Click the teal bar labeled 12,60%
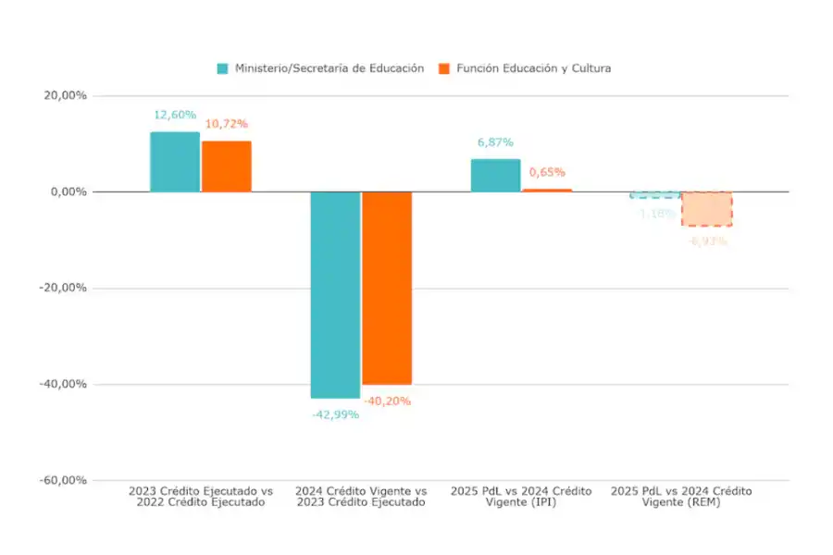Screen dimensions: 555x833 [x=175, y=162]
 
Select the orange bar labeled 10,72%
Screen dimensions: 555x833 [x=227, y=166]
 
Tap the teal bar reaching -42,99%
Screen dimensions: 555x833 [x=335, y=294]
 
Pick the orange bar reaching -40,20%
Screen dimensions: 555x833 [x=387, y=288]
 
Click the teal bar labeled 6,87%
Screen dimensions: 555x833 [x=495, y=176]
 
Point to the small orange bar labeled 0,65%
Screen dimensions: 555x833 [x=547, y=190]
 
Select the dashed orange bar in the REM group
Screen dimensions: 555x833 [x=707, y=209]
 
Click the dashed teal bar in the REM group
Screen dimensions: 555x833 [x=655, y=194]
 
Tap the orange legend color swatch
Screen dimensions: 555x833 [x=443, y=68]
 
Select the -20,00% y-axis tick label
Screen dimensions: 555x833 [x=66, y=288]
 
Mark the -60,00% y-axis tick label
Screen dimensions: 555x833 [x=66, y=480]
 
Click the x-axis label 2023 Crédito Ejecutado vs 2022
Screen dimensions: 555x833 [x=201, y=497]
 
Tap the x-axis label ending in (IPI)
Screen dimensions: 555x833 [x=521, y=497]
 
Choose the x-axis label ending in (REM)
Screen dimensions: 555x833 [x=681, y=497]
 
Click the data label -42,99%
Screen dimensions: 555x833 [x=334, y=414]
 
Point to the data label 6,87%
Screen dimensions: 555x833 [x=495, y=142]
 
